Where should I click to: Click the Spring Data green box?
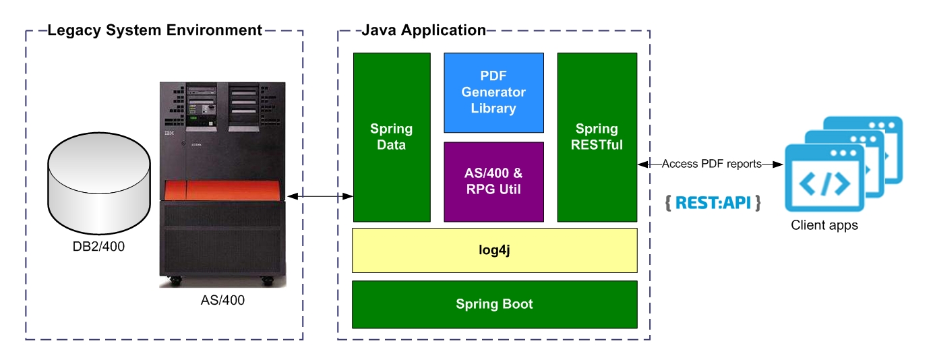click(x=392, y=137)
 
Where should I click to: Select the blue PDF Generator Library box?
click(x=493, y=92)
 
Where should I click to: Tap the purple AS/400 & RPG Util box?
click(x=493, y=181)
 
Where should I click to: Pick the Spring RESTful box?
click(x=597, y=137)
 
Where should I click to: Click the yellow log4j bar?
click(x=494, y=250)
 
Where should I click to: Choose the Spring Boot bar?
click(x=494, y=304)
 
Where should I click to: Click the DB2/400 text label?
click(x=98, y=247)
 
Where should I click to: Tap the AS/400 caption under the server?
click(x=222, y=301)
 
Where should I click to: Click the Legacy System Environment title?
click(x=154, y=30)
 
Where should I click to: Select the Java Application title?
click(x=423, y=30)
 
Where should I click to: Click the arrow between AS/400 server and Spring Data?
click(x=320, y=196)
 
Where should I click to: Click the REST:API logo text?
click(x=713, y=202)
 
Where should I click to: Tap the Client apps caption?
click(x=824, y=225)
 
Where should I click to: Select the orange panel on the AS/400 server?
click(x=222, y=191)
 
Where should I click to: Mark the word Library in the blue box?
click(x=493, y=108)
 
